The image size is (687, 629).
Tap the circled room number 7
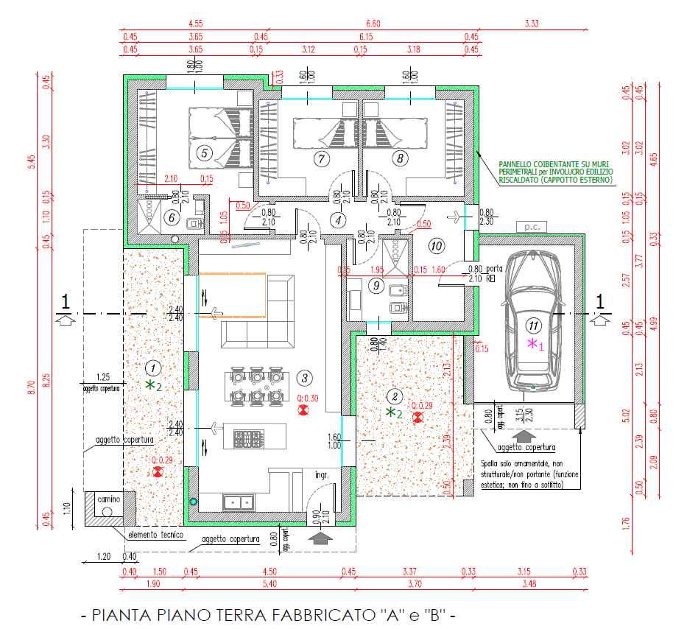coord(320,158)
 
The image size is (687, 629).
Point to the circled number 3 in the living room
coord(303,378)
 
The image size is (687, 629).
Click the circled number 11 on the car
coord(532,324)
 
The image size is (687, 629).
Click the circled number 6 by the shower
coord(170,217)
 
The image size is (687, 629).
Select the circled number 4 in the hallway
coord(337,219)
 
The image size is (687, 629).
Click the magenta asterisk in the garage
coord(531,344)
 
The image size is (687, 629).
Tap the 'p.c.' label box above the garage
coord(532,226)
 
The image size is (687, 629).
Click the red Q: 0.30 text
coord(309,398)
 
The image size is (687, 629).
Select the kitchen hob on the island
coord(245,439)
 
